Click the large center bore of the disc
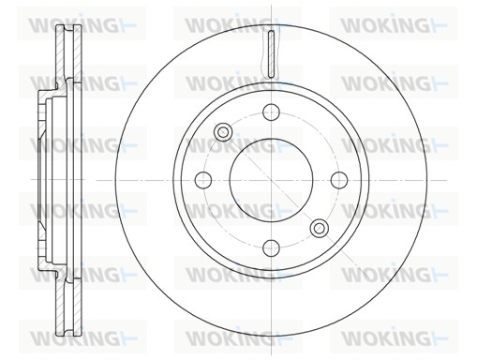coord(272,179)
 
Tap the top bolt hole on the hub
coord(272,112)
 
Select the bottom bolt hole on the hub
coord(272,247)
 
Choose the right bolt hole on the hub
coord(339,179)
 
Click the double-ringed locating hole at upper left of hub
coord(224,132)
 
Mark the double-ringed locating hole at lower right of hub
coord(320,227)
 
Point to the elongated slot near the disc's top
coord(271,54)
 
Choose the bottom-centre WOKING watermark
coord(225,336)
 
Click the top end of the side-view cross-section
coord(66,26)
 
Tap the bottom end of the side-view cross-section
coord(66,332)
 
